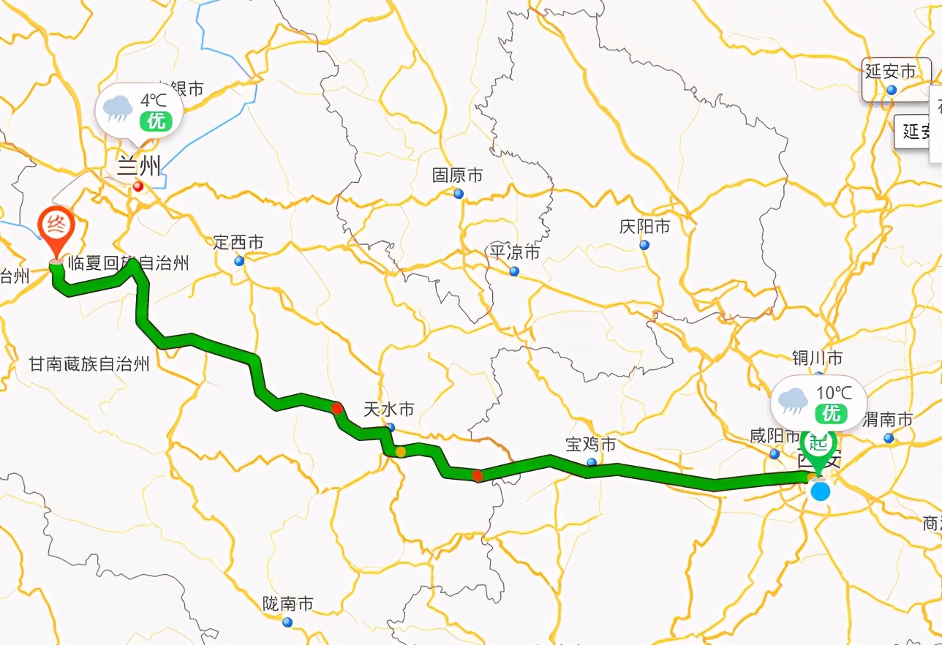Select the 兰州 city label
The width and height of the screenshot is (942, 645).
pyautogui.click(x=138, y=166)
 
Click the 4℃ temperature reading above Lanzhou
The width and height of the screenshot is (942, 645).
pyautogui.click(x=155, y=99)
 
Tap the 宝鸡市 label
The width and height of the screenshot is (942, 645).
pyautogui.click(x=591, y=444)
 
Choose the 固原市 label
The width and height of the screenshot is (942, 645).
pyautogui.click(x=457, y=176)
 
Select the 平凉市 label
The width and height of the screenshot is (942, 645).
pyautogui.click(x=514, y=253)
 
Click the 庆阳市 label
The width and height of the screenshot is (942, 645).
pyautogui.click(x=644, y=227)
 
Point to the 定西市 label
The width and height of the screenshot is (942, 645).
pyautogui.click(x=238, y=243)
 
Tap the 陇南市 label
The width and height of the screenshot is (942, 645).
pyautogui.click(x=287, y=604)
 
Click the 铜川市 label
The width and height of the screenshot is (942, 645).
pyautogui.click(x=817, y=358)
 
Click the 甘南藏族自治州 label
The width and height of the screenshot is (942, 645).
pyautogui.click(x=89, y=363)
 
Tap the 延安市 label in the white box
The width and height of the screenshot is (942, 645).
pyautogui.click(x=890, y=72)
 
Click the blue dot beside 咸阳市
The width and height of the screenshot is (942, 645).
pyautogui.click(x=774, y=454)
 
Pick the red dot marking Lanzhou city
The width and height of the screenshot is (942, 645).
pyautogui.click(x=137, y=186)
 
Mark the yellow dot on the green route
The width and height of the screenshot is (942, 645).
pyautogui.click(x=400, y=452)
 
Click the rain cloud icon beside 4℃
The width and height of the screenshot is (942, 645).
pyautogui.click(x=118, y=109)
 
